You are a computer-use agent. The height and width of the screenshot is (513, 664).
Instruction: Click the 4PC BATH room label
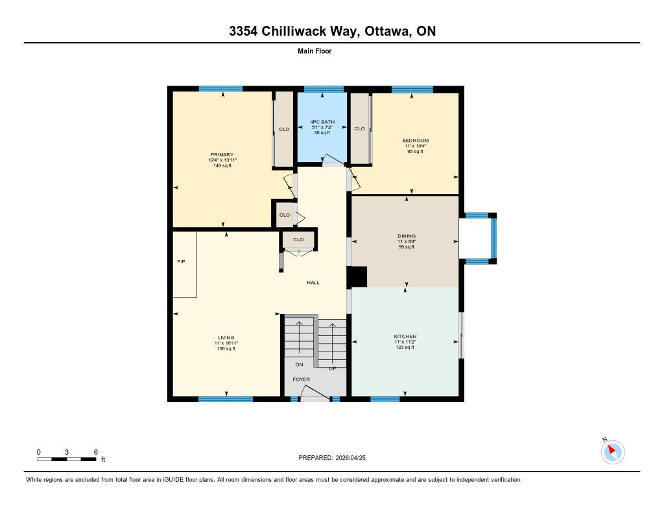(x=322, y=122)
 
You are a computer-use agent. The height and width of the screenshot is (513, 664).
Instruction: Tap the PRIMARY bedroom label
(x=222, y=154)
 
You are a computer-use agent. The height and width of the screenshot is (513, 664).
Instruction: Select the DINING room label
(x=407, y=236)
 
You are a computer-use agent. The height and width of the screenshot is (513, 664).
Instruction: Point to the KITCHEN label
(x=405, y=337)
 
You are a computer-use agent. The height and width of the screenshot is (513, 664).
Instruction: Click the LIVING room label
(x=226, y=338)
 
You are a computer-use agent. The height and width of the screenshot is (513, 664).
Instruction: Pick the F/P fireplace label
(x=182, y=262)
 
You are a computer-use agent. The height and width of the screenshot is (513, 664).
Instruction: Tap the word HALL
(x=313, y=283)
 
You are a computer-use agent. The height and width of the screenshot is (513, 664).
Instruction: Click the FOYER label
(x=302, y=379)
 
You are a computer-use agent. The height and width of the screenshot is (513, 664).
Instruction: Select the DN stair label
(x=300, y=364)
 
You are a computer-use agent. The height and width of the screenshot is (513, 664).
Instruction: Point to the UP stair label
(x=333, y=368)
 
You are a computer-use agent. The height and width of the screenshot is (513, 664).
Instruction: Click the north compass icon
(x=612, y=451)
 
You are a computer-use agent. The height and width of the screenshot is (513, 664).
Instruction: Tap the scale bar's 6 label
(x=96, y=452)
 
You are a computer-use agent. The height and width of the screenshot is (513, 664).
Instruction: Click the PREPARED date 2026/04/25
(x=351, y=458)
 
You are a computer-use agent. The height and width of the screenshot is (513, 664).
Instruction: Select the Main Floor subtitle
(x=314, y=51)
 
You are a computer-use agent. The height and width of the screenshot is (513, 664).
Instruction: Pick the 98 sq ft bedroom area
(x=415, y=151)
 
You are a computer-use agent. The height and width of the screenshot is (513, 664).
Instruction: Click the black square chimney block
(x=357, y=277)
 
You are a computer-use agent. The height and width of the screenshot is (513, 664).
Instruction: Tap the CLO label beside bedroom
(x=359, y=129)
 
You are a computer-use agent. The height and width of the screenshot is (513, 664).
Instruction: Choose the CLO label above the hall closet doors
(x=298, y=240)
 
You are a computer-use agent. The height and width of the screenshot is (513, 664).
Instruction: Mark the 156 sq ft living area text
(x=226, y=349)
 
